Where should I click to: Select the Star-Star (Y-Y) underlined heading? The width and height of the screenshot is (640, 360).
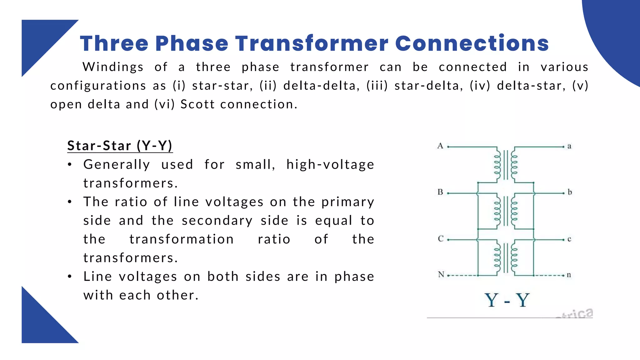click(x=120, y=146)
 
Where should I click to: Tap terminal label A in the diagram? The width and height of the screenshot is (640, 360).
click(x=440, y=146)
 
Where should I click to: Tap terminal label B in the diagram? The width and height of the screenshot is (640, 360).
click(x=440, y=192)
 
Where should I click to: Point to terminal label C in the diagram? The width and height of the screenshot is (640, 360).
click(x=441, y=239)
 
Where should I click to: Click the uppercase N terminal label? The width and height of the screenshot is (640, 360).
click(x=441, y=275)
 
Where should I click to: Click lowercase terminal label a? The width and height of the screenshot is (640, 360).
click(x=569, y=146)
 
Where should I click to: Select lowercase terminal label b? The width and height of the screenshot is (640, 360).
click(x=570, y=192)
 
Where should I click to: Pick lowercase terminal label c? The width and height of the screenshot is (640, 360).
click(x=569, y=239)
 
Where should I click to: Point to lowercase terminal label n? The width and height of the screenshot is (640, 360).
click(x=569, y=275)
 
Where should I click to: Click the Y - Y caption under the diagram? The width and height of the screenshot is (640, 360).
click(x=507, y=300)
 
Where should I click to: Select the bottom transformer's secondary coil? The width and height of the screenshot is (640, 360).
click(x=514, y=258)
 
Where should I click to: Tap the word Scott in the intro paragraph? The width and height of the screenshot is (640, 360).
click(x=197, y=104)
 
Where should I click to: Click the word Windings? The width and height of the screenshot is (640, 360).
click(x=113, y=67)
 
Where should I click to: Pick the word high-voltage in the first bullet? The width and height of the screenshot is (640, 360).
click(x=330, y=165)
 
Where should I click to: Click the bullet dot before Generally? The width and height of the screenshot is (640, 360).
click(x=70, y=165)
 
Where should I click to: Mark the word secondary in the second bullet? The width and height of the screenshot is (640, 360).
click(x=217, y=221)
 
